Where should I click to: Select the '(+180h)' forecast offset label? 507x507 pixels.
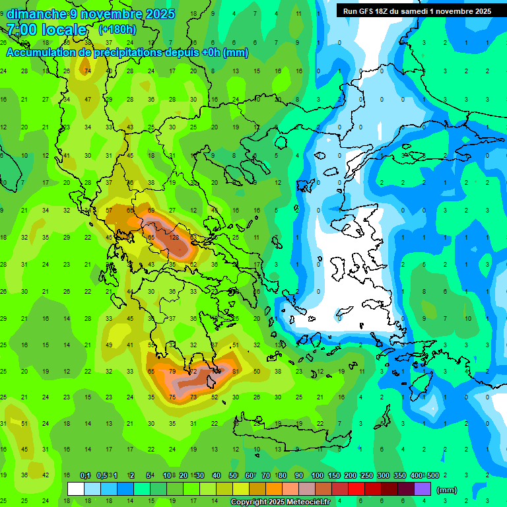117,29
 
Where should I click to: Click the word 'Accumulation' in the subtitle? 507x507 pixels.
42,52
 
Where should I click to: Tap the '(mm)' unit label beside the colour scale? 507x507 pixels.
447,490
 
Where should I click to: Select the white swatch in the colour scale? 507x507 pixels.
76,489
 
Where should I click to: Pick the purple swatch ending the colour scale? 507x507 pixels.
422,489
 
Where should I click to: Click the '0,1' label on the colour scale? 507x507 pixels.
85,476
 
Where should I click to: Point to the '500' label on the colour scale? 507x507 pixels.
432,476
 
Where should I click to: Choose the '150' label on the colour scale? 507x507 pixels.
333,476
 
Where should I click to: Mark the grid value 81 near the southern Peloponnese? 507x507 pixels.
236,372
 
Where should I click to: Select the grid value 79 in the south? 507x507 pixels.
173,372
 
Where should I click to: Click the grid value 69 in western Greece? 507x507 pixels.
152,210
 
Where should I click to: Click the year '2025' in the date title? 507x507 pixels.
160,14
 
